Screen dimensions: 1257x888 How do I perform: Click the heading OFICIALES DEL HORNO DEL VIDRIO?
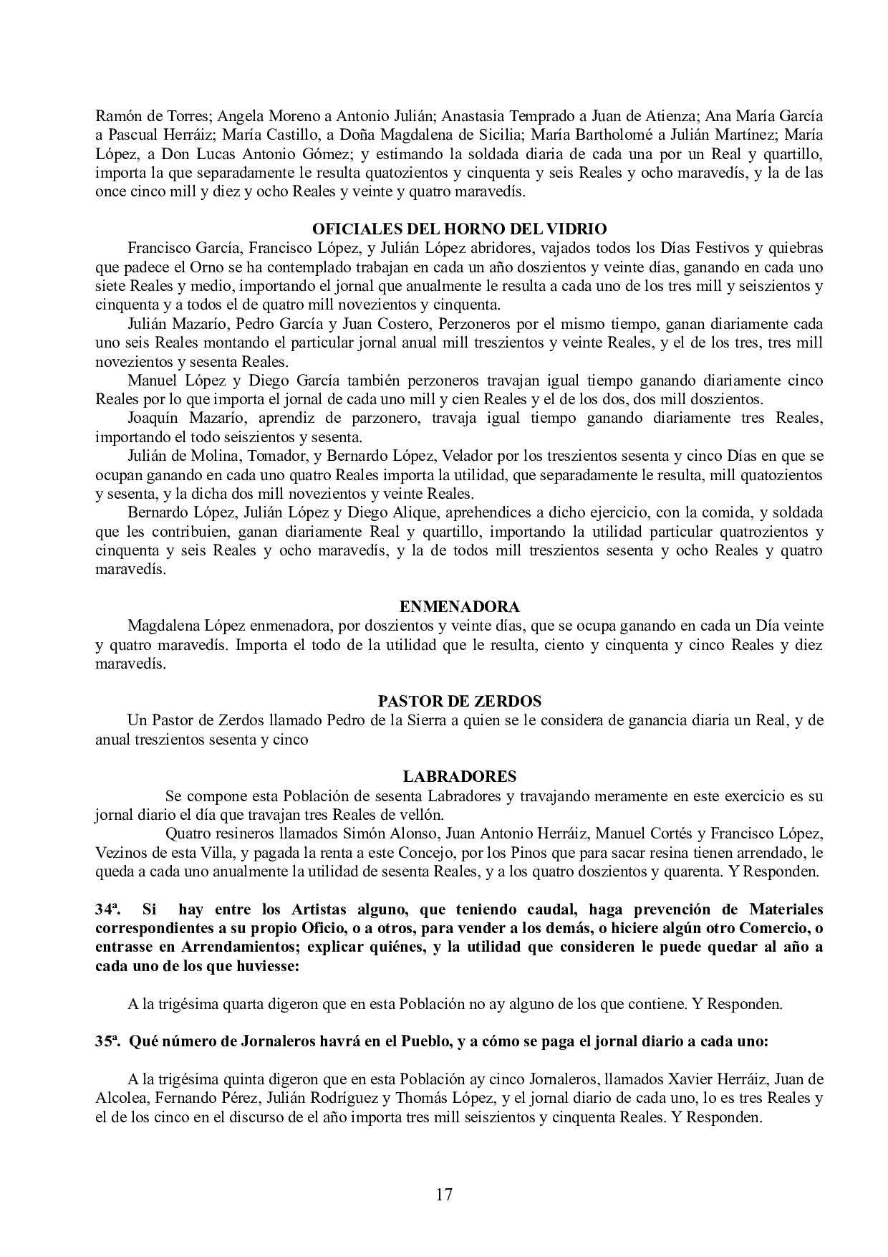point(459,229)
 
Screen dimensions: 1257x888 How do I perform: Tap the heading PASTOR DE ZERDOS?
point(459,701)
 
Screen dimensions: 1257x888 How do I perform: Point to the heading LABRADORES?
point(459,776)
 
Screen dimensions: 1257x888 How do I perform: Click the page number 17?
point(444,1195)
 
